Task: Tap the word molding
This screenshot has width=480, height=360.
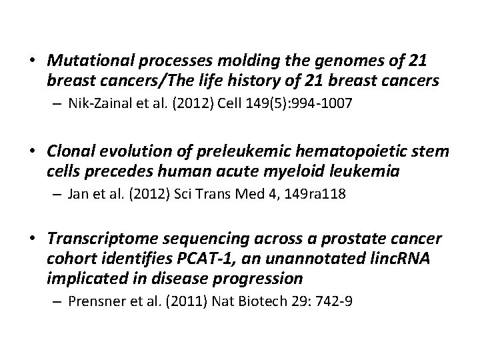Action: coord(225,62)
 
